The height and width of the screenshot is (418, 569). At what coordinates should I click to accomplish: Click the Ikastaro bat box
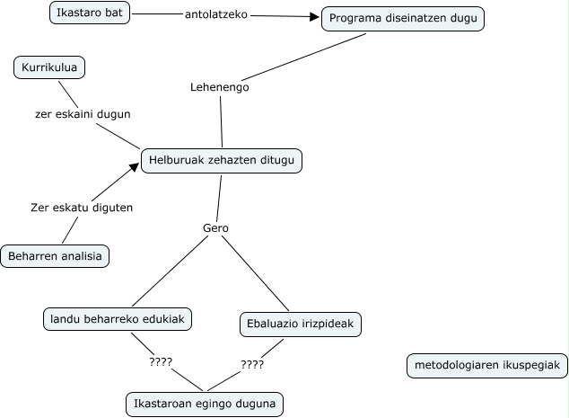pyautogui.click(x=88, y=13)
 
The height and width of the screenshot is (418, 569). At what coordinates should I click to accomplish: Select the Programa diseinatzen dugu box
pyautogui.click(x=403, y=19)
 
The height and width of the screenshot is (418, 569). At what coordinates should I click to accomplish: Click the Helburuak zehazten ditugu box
pyautogui.click(x=221, y=162)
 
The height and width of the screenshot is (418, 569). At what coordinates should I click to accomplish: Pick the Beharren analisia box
pyautogui.click(x=56, y=256)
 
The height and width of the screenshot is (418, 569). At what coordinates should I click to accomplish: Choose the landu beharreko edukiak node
pyautogui.click(x=118, y=318)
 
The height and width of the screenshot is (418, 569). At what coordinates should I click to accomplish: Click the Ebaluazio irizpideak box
pyautogui.click(x=301, y=324)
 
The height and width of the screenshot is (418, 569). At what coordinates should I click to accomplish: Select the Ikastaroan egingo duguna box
pyautogui.click(x=205, y=403)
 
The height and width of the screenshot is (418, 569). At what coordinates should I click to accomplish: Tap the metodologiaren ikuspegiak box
pyautogui.click(x=486, y=365)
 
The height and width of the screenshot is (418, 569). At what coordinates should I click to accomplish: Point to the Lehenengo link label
pyautogui.click(x=220, y=87)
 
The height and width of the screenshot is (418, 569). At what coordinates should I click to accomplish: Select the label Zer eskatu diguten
pyautogui.click(x=82, y=208)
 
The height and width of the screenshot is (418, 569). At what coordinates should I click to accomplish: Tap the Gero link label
pyautogui.click(x=216, y=228)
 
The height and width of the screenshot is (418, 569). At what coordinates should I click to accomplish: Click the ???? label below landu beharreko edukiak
pyautogui.click(x=161, y=362)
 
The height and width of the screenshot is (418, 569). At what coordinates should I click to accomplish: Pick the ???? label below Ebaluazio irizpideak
pyautogui.click(x=252, y=366)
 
